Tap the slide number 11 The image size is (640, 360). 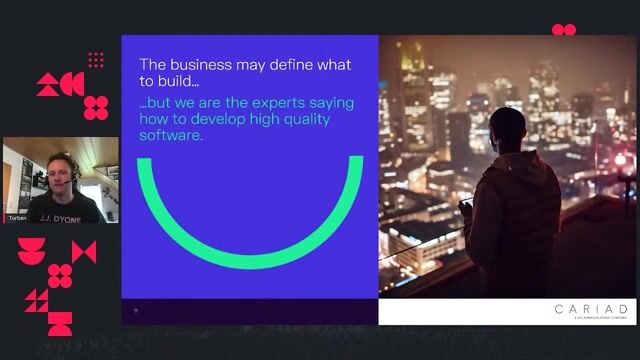(136, 310)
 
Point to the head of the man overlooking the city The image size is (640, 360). (507, 128)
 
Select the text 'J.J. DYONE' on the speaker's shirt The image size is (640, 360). (61, 216)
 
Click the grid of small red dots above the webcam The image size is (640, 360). (96, 60)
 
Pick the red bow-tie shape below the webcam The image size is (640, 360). (84, 252)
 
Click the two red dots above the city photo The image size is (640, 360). (564, 30)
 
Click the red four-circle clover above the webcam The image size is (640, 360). (96, 107)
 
